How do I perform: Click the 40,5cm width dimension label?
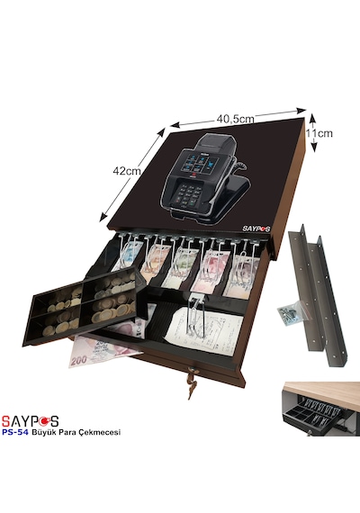(235, 119)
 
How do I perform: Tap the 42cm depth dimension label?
(126, 171)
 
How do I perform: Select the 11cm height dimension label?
(319, 133)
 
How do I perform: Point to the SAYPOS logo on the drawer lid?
(256, 229)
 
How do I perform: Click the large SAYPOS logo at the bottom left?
(30, 421)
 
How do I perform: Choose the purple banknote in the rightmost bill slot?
(241, 274)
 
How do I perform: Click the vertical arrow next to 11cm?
(313, 132)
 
